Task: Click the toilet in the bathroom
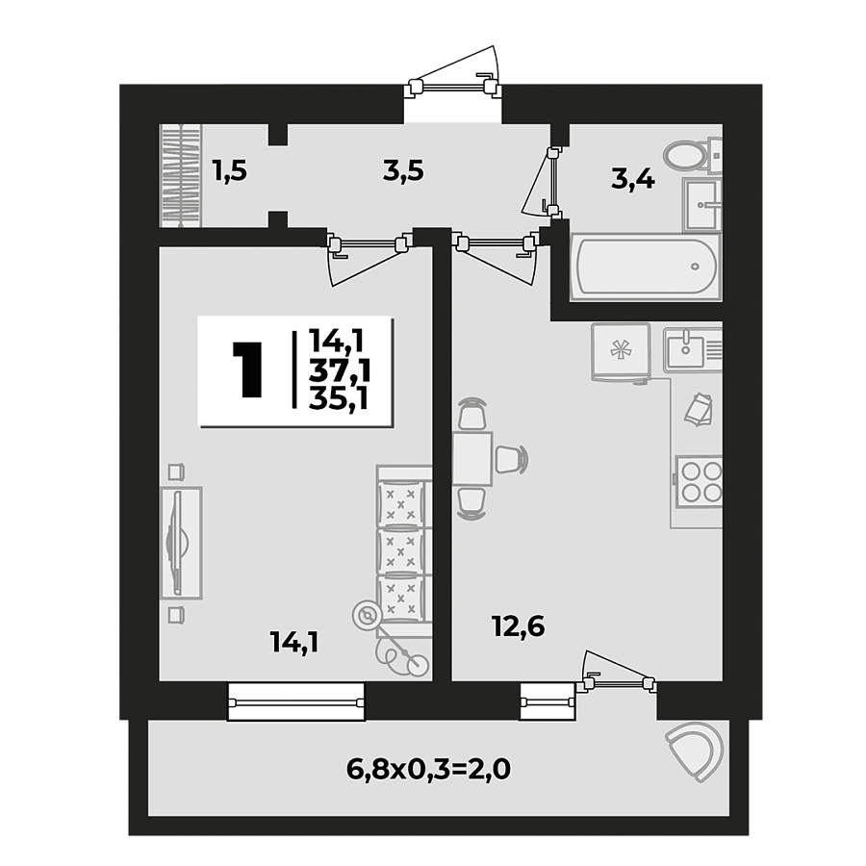click(x=685, y=155)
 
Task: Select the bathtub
click(x=644, y=267)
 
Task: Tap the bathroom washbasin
click(x=702, y=203)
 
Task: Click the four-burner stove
click(x=700, y=481)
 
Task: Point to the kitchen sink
click(x=691, y=347)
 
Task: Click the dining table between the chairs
click(x=471, y=460)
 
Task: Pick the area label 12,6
click(x=520, y=626)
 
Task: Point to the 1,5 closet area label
click(x=230, y=171)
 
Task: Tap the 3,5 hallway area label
click(x=403, y=171)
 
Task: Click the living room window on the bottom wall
click(x=296, y=700)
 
